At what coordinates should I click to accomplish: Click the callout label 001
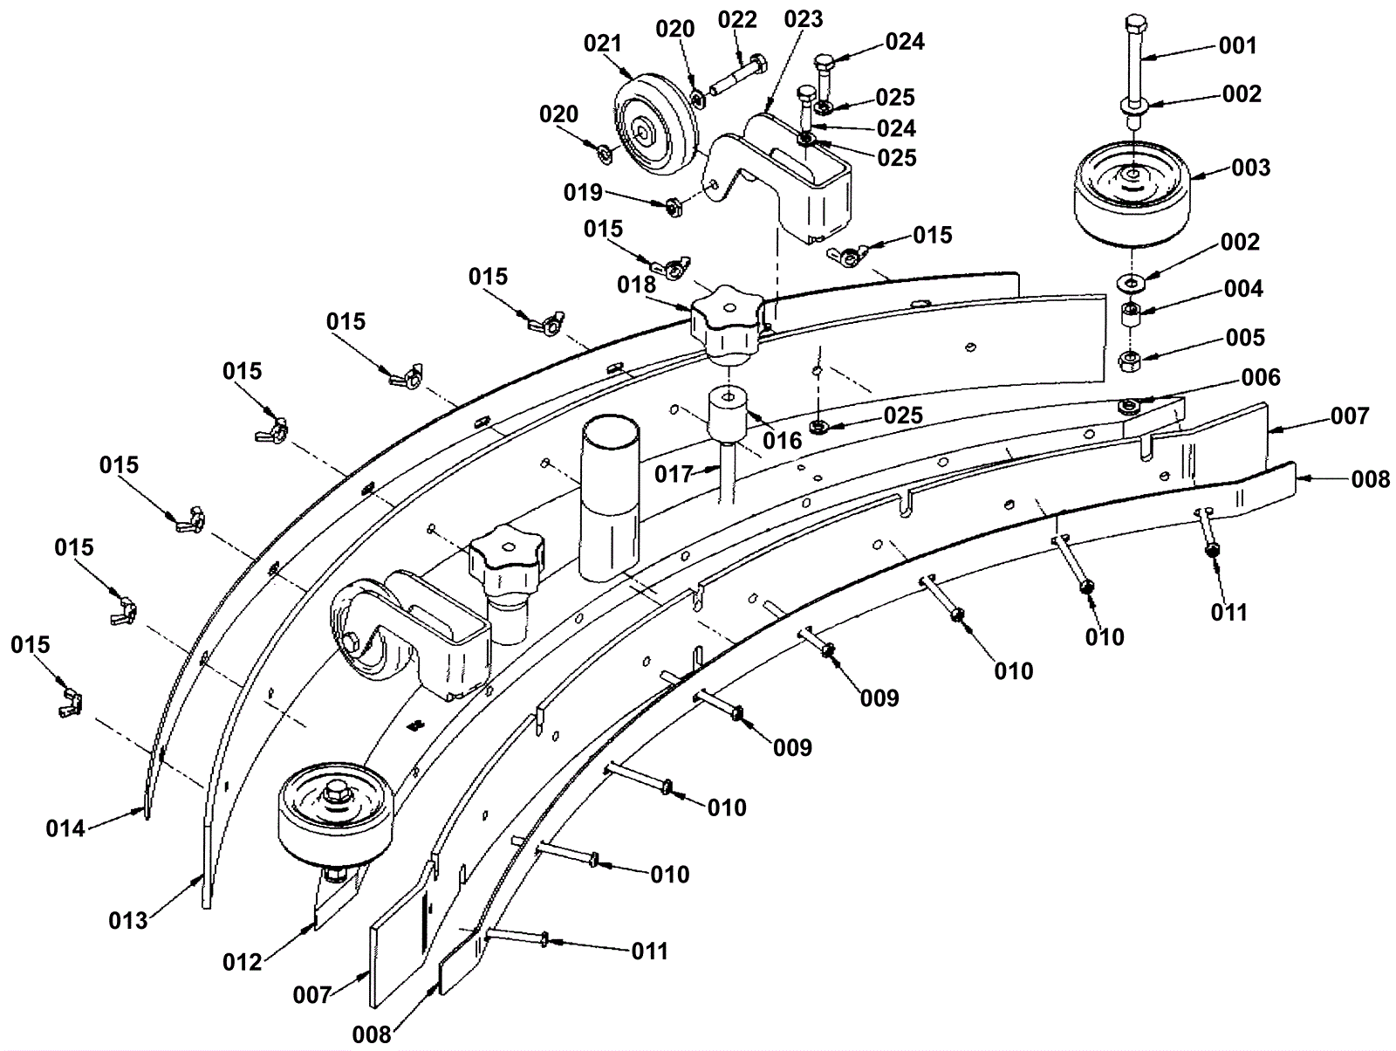tap(1237, 45)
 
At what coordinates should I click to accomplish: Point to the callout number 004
tap(1243, 289)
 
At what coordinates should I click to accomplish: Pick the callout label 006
tap(1261, 378)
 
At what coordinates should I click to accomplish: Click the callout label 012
tap(243, 963)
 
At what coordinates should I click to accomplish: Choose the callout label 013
tap(128, 921)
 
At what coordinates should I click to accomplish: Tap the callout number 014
tap(65, 828)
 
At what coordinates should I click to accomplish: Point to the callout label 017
tap(674, 475)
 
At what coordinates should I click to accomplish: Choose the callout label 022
tap(737, 20)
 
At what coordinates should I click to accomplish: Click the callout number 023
tap(804, 19)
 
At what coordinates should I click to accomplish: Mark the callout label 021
tap(602, 44)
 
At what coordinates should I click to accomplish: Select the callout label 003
tap(1251, 168)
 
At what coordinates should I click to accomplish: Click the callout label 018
tap(637, 285)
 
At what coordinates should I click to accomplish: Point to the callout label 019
tap(583, 192)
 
